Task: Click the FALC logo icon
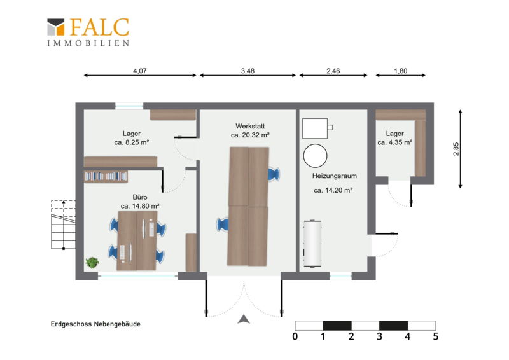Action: (56, 27)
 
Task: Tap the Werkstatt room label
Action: (250, 126)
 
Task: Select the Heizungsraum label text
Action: (335, 176)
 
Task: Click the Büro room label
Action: (140, 197)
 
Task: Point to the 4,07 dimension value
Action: (140, 71)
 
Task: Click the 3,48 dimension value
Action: (248, 71)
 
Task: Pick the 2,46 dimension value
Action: (333, 71)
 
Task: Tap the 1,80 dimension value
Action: (401, 71)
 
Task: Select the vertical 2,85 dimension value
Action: (456, 149)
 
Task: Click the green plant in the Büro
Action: (92, 262)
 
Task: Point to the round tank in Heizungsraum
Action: (315, 156)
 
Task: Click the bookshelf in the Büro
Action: (106, 176)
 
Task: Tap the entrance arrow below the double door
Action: (244, 319)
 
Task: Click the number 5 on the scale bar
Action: (436, 336)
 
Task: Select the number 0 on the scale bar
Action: (295, 336)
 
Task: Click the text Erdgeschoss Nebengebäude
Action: (95, 324)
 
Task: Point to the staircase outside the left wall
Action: (63, 225)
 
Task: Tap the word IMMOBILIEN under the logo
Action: (88, 43)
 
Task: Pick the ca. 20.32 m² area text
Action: (250, 135)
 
